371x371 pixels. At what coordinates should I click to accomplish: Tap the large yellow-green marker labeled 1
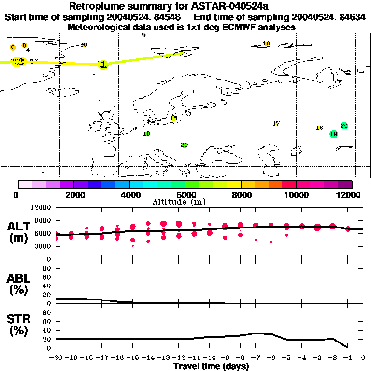(x=102, y=64)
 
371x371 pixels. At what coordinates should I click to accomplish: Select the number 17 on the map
(x=276, y=124)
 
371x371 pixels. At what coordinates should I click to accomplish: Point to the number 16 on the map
(x=319, y=128)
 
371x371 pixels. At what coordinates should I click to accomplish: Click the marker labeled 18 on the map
(x=173, y=118)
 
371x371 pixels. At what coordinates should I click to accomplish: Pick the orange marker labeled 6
(x=13, y=47)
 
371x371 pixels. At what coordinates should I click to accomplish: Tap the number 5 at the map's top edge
(x=143, y=35)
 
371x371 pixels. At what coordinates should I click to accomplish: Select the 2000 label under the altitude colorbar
(x=73, y=195)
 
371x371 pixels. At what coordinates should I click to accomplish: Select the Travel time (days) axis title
(x=211, y=367)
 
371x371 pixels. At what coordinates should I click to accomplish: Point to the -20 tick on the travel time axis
(x=56, y=358)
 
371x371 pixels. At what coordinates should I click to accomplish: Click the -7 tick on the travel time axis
(x=256, y=358)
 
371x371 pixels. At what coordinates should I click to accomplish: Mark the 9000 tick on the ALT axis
(x=44, y=220)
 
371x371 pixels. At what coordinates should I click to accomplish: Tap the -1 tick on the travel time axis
(x=348, y=358)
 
